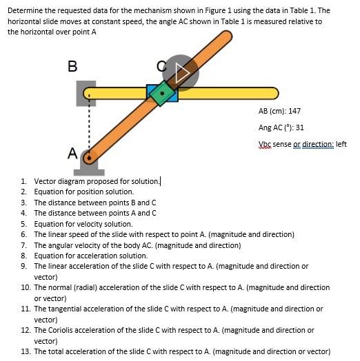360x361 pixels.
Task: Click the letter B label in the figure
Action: point(72,66)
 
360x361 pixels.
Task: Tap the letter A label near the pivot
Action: point(72,153)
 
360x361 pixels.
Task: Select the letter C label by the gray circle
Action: point(161,66)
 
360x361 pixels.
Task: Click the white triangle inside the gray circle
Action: point(182,73)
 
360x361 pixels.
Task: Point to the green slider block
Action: point(162,93)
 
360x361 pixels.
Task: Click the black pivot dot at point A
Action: point(89,158)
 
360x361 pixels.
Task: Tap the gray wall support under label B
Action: point(86,94)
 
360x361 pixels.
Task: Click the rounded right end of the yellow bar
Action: point(274,93)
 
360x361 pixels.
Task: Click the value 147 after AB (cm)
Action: point(294,111)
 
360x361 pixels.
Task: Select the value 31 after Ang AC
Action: point(299,127)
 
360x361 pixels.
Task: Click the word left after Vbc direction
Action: point(341,144)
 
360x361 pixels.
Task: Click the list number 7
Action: point(23,245)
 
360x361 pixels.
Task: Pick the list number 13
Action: point(26,351)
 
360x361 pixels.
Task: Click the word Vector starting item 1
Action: point(45,181)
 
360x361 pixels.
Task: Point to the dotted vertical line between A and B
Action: point(89,125)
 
